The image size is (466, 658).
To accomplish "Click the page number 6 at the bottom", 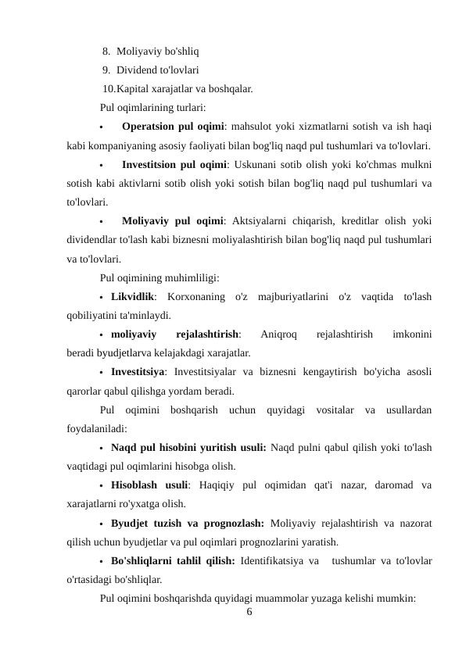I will [249, 612].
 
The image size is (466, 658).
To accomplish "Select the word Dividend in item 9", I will [138, 71].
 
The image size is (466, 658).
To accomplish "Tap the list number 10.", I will [109, 89].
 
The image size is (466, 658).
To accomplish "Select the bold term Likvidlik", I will [132, 298].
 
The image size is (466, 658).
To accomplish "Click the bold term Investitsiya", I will [138, 372].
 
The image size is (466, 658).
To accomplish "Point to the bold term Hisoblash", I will [136, 485].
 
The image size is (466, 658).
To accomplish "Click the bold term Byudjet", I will [131, 523].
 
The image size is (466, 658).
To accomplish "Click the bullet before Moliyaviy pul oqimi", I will [102, 222].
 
